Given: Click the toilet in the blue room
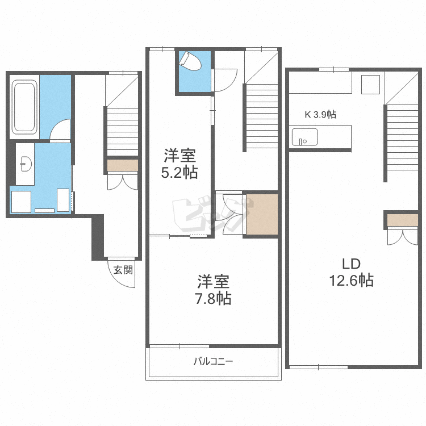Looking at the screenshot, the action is pyautogui.click(x=190, y=62).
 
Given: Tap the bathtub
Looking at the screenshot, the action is pyautogui.click(x=24, y=107).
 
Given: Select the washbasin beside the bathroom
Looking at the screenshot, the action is pyautogui.click(x=26, y=164).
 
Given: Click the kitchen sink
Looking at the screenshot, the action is pyautogui.click(x=304, y=137).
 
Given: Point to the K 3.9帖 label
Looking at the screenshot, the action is pyautogui.click(x=320, y=114).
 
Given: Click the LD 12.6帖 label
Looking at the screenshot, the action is pyautogui.click(x=351, y=272).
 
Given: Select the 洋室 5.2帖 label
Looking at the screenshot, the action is pyautogui.click(x=179, y=164).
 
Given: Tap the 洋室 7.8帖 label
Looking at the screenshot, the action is pyautogui.click(x=213, y=290).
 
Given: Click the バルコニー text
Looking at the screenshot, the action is pyautogui.click(x=213, y=361).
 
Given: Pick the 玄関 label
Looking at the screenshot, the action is pyautogui.click(x=123, y=270).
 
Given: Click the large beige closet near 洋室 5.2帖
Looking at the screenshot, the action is pyautogui.click(x=262, y=214).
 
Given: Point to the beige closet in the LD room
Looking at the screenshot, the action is pyautogui.click(x=402, y=220).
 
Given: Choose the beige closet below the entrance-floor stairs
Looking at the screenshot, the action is pyautogui.click(x=123, y=165).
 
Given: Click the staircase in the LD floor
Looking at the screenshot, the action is pyautogui.click(x=401, y=138).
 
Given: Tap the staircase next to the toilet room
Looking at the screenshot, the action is pyautogui.click(x=261, y=117).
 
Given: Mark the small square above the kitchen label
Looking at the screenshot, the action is pyautogui.click(x=370, y=85).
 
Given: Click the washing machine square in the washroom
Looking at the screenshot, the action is pyautogui.click(x=21, y=202).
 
